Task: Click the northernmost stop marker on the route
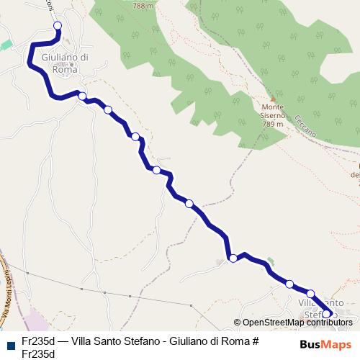point(58,26)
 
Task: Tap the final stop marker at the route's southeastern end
point(326,313)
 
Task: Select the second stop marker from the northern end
point(82,96)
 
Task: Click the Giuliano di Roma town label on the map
point(66,63)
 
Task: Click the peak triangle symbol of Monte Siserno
point(273,99)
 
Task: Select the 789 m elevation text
point(273,124)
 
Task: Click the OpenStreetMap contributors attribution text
point(292,323)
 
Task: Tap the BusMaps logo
point(326,343)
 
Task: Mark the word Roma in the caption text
point(235,341)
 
